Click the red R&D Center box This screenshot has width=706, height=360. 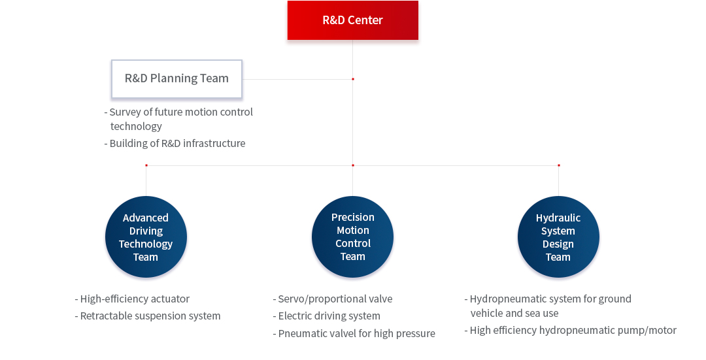(352, 20)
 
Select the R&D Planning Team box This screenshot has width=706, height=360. (176, 79)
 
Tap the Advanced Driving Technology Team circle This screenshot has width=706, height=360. (146, 237)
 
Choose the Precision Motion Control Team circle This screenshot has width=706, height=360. (352, 237)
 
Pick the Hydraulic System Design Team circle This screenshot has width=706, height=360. (558, 237)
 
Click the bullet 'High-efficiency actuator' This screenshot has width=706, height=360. (132, 299)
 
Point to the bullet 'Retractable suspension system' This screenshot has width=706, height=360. (148, 316)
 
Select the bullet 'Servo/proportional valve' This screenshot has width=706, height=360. (333, 299)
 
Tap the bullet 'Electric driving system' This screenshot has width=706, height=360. (327, 316)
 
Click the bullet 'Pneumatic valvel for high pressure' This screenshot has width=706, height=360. (354, 333)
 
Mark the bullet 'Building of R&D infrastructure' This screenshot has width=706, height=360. (175, 143)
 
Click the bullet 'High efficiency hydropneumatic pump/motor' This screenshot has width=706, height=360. (571, 331)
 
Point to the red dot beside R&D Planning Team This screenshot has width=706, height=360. (353, 79)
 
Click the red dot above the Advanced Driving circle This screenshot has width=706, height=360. (146, 165)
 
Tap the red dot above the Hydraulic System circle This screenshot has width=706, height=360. (559, 165)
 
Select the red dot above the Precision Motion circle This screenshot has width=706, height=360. (353, 165)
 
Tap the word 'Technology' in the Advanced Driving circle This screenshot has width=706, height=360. (146, 244)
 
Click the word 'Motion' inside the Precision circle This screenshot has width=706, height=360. (353, 231)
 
